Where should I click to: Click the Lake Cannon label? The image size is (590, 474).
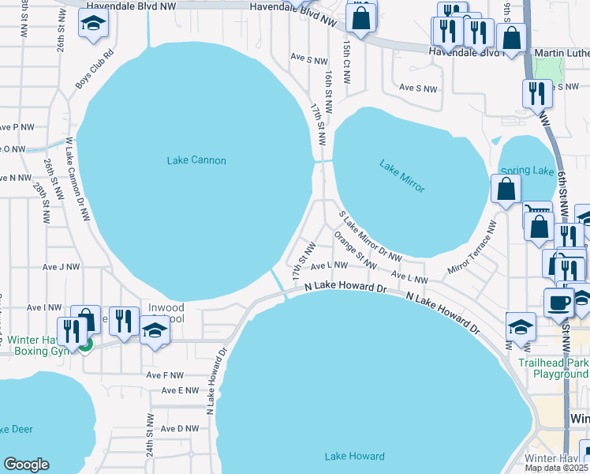[196, 160]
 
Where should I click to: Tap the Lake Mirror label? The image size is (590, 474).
[402, 176]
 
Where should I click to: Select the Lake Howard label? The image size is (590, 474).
[355, 456]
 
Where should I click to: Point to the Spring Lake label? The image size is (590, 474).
[527, 171]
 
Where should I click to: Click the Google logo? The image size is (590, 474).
[26, 465]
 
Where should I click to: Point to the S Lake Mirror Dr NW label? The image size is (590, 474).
[370, 236]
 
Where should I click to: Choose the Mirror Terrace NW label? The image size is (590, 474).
[472, 248]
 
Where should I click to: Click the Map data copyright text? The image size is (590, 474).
[557, 467]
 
